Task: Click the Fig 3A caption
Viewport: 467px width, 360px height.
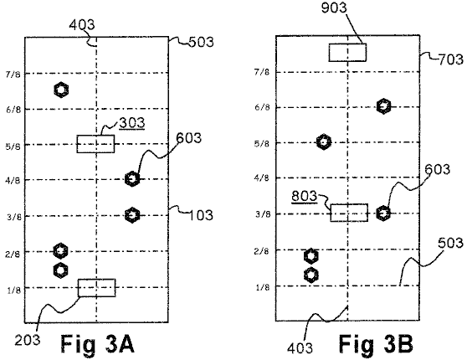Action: (98, 343)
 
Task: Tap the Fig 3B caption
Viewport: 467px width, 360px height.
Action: (376, 343)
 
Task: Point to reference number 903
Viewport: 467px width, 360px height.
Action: (334, 8)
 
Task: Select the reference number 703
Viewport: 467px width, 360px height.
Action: (450, 59)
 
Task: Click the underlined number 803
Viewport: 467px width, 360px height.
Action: (305, 197)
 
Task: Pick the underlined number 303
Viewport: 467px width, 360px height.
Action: (132, 123)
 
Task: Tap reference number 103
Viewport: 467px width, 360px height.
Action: (201, 215)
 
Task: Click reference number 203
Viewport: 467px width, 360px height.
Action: (28, 340)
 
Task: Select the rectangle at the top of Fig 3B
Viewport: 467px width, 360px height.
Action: (347, 53)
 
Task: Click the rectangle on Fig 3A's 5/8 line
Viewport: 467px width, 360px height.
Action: (95, 144)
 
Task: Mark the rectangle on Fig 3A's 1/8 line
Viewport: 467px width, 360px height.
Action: (97, 288)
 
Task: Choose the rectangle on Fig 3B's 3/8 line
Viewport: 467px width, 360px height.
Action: (349, 213)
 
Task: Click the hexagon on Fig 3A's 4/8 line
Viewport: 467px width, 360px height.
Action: (132, 179)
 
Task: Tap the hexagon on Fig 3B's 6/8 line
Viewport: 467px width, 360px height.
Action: (383, 106)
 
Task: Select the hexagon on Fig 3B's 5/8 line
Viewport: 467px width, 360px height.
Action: (323, 141)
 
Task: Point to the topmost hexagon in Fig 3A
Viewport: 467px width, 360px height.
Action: (61, 90)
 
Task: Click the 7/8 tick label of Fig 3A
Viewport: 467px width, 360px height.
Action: (13, 75)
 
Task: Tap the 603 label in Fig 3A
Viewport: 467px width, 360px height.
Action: (189, 138)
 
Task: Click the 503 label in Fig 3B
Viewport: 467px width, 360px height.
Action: (450, 243)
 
